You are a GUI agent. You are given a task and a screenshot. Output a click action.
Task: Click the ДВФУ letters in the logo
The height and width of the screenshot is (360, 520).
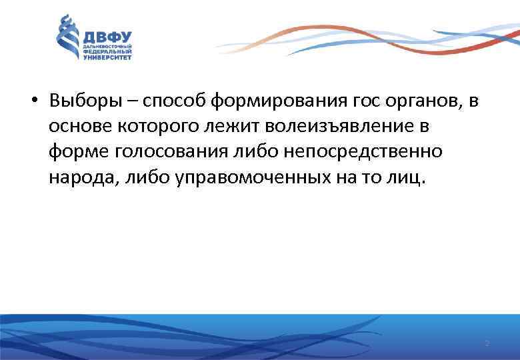click(x=107, y=37)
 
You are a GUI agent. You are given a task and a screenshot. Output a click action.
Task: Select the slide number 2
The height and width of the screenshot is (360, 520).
click(x=487, y=343)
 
